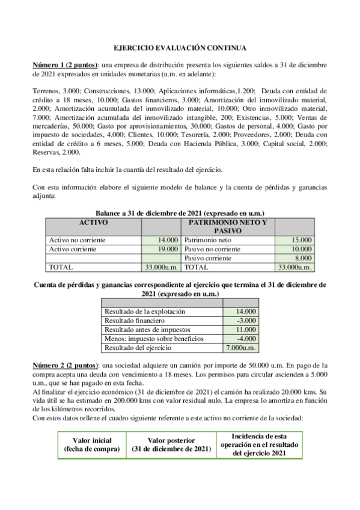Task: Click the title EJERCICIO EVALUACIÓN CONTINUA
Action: [x=180, y=48]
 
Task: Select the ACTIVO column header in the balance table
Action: [x=93, y=223]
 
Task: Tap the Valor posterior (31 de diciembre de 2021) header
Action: [x=171, y=444]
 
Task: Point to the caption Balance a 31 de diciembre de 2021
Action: [x=180, y=213]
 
